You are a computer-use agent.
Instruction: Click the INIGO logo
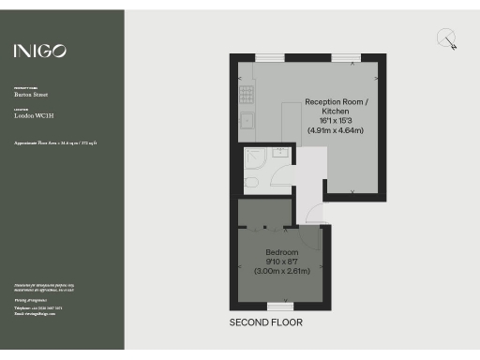click(39, 51)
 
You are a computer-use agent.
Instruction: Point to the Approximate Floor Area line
click(55, 142)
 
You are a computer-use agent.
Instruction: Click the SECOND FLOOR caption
click(266, 322)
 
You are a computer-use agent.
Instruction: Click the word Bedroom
click(281, 253)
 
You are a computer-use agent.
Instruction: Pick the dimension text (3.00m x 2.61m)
click(281, 271)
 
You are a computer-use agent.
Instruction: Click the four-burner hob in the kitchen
click(246, 93)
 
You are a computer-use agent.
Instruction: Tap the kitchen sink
click(246, 120)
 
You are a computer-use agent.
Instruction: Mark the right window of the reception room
click(345, 58)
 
